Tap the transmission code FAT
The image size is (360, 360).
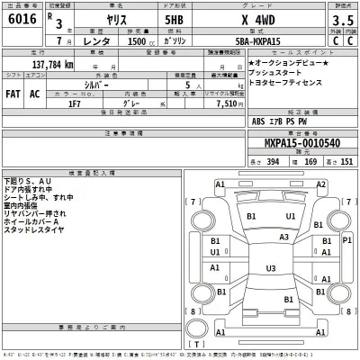(13, 93)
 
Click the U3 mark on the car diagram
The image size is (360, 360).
(269, 268)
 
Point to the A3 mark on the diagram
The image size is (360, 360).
(283, 237)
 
